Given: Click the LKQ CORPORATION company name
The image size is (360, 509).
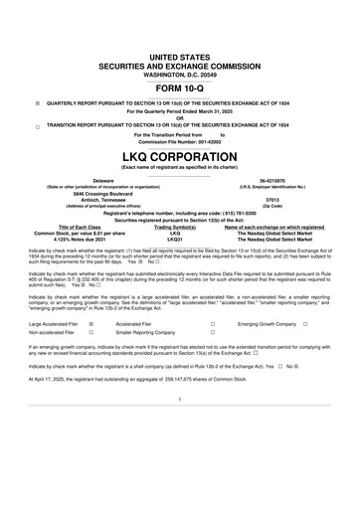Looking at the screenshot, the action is pos(180,159).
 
